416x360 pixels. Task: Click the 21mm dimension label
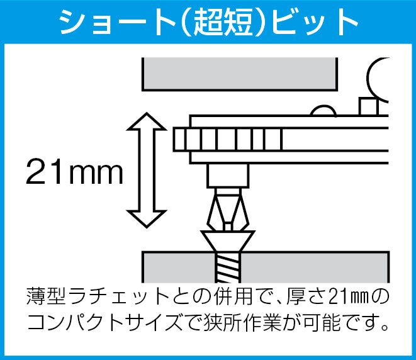pos(74,171)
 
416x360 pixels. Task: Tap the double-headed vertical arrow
pos(147,170)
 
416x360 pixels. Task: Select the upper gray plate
pos(240,74)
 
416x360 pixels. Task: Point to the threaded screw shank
pos(228,267)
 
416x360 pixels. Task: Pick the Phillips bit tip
pos(228,210)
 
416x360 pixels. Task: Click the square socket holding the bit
pos(228,176)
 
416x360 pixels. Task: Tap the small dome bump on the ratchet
pos(323,111)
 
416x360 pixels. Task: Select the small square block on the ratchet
pos(368,106)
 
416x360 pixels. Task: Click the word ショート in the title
pos(116,22)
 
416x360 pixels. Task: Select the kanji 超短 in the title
pos(223,22)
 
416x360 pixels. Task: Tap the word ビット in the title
pos(315,22)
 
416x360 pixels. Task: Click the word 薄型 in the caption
pos(46,296)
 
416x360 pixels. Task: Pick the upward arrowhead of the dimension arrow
pos(147,121)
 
